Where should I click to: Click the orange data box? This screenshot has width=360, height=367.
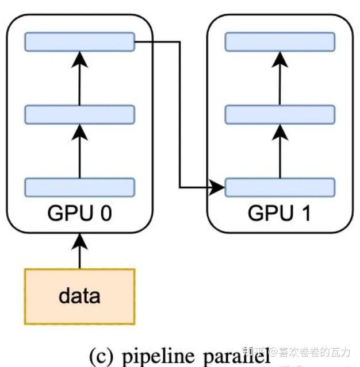coord(79,296)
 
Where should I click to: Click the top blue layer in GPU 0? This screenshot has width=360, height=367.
coord(79,41)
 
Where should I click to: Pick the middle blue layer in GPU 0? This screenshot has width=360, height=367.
coord(79,114)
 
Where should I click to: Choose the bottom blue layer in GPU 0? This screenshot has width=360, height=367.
coord(79,187)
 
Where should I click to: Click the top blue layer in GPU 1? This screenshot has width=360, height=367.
coord(279,41)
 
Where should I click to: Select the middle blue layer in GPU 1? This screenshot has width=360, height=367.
coord(279,114)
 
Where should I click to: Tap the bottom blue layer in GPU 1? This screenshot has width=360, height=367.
coord(279,187)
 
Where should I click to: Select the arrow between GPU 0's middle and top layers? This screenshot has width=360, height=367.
coord(79,78)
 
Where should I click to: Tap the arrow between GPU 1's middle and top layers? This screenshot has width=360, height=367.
coord(279,78)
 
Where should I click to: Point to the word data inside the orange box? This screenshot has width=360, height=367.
coord(79,296)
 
